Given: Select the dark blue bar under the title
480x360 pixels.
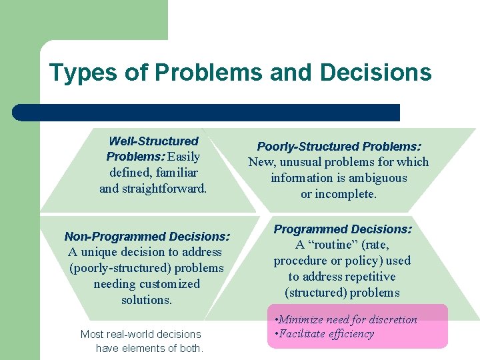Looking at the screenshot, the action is [x=206, y=113].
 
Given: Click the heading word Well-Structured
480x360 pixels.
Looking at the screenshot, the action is [x=153, y=141].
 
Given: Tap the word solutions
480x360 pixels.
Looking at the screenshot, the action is [x=147, y=300].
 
